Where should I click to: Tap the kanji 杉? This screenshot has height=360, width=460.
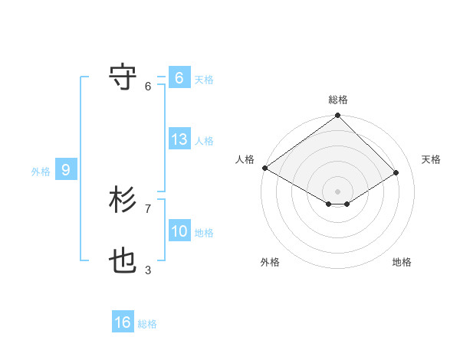point(123,201)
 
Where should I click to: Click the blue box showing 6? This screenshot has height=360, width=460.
point(179,78)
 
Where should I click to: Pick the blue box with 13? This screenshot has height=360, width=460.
point(179,139)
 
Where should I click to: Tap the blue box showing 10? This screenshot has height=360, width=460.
point(179,231)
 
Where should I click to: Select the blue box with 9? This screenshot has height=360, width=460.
point(66,170)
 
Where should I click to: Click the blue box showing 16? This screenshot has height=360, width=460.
point(123,322)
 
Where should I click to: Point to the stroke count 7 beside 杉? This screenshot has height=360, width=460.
point(148,208)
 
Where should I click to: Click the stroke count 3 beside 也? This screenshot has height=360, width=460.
point(148,270)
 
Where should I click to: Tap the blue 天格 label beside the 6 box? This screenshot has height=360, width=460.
point(204,80)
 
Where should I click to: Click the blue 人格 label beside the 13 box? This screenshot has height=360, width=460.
point(204,141)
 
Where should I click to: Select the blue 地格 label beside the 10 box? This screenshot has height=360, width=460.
point(204,233)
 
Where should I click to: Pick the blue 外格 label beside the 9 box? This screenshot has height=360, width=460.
point(41,172)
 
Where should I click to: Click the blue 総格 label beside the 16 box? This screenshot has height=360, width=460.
point(147,324)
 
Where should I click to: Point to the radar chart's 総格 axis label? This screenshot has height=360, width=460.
point(337,100)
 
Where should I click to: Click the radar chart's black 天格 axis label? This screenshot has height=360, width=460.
point(431,159)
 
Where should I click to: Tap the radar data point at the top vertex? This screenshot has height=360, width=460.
point(337,116)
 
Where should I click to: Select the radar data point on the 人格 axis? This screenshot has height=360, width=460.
point(264,168)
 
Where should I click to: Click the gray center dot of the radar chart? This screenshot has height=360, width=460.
point(337,191)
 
